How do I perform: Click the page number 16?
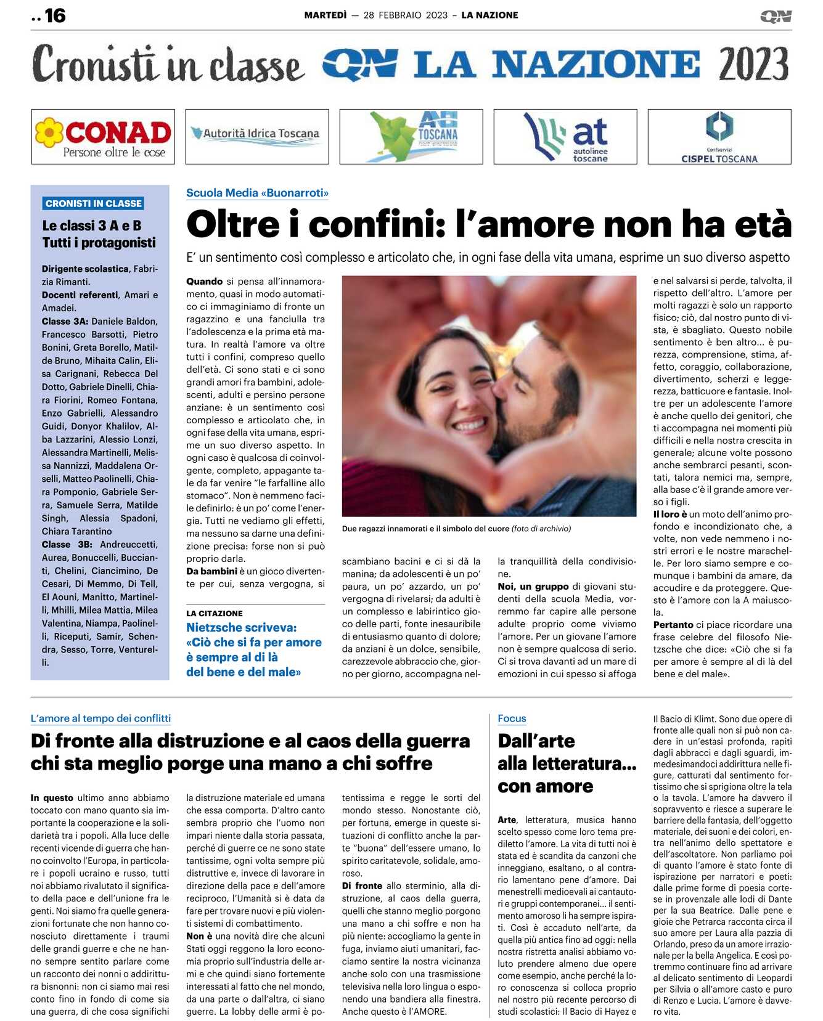[x=55, y=16]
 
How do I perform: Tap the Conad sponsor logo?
[x=103, y=137]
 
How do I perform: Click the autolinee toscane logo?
[x=565, y=137]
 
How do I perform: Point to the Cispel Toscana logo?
[x=719, y=137]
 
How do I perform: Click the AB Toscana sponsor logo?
[x=411, y=137]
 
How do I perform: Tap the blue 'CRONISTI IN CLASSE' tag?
[x=94, y=203]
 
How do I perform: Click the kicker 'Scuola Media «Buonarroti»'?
[x=257, y=193]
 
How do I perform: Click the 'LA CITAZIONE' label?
[x=215, y=614]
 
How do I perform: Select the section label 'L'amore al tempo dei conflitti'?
[x=100, y=718]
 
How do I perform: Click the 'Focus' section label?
[x=512, y=718]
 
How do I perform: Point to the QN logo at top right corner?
[x=776, y=16]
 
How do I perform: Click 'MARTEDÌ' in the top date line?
[x=326, y=15]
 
